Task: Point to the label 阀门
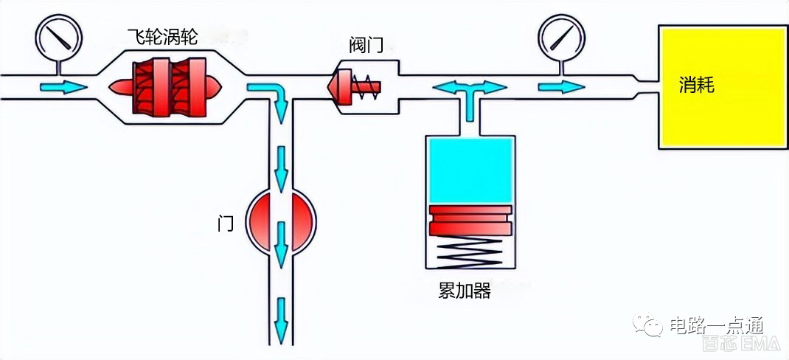coord(366,46)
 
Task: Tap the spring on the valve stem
coord(364,87)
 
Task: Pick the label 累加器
coord(464,291)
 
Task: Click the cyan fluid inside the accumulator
coord(470,170)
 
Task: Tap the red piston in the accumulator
coord(470,221)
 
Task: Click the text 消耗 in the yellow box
coord(696,86)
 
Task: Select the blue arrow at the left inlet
coord(62,87)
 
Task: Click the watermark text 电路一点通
coord(716,325)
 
